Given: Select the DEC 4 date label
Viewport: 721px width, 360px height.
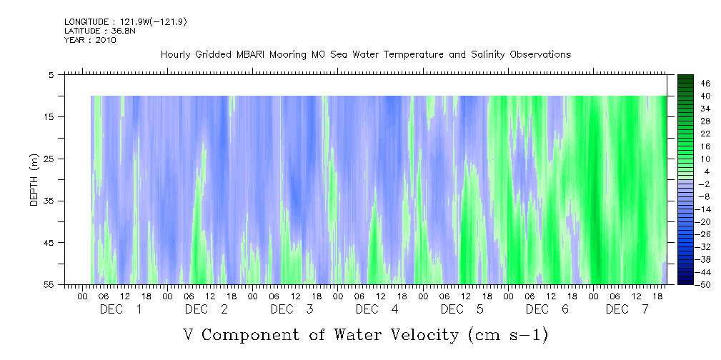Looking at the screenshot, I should click(377, 309).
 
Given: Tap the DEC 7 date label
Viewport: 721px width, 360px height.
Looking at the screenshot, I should click(626, 309).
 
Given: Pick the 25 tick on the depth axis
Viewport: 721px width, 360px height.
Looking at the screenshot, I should click(49, 159).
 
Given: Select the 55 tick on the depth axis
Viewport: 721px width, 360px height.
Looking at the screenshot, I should click(49, 284).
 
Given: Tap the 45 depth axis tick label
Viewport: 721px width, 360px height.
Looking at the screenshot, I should click(49, 243).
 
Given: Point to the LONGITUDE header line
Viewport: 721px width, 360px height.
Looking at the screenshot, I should click(126, 22).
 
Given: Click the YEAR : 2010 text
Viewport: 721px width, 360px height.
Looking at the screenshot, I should click(90, 40).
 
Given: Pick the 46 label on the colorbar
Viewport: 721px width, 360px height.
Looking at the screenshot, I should click(705, 83).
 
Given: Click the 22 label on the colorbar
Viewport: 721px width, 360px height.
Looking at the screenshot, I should click(705, 134).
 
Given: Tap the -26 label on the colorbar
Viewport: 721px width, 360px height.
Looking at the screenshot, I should click(703, 234).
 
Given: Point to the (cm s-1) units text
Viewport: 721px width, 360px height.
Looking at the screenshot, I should click(507, 334).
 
